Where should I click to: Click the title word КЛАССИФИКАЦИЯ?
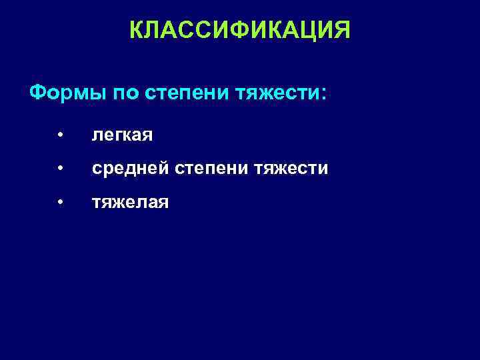pos(239,29)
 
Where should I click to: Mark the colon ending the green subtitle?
pos(324,93)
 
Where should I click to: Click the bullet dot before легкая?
pos(60,135)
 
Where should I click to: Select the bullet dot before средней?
pos(60,169)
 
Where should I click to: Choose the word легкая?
pos(123,136)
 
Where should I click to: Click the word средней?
pos(131,169)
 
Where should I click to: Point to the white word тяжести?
pos(291,169)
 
